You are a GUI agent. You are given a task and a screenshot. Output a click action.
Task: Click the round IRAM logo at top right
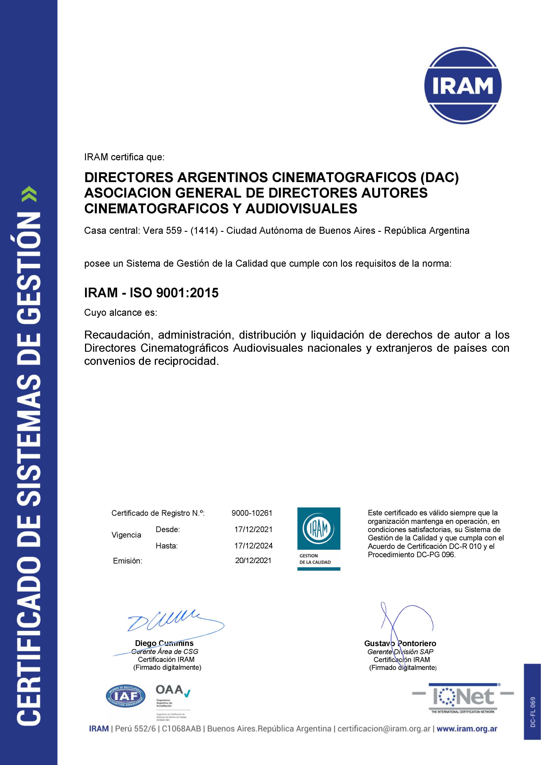coord(463,86)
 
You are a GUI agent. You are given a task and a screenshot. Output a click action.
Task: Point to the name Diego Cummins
coord(164,643)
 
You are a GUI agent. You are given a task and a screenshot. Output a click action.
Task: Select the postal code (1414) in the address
coord(204,230)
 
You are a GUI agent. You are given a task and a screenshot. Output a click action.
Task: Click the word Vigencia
coord(126,535)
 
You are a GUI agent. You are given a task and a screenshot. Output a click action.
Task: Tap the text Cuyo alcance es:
coord(120,312)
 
